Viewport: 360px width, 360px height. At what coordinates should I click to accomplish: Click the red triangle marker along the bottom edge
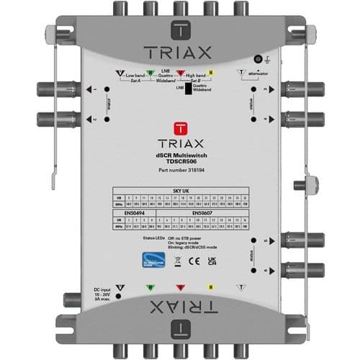[180, 293]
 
